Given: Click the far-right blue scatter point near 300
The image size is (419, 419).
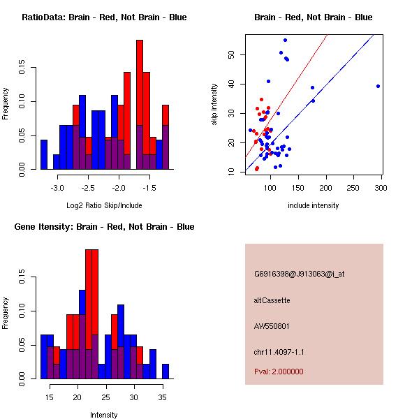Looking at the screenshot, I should point(378,86).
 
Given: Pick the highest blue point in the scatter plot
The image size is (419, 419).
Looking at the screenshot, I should point(285,40).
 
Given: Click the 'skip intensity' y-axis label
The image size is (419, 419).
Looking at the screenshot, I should point(216,104).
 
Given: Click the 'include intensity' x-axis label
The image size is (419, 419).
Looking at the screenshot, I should point(314,205).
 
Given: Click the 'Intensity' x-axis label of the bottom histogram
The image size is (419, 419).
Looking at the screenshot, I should point(103,415).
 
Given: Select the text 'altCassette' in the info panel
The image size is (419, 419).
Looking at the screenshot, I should point(272,300).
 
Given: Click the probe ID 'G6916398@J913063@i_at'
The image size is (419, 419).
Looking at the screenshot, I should point(299,274).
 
